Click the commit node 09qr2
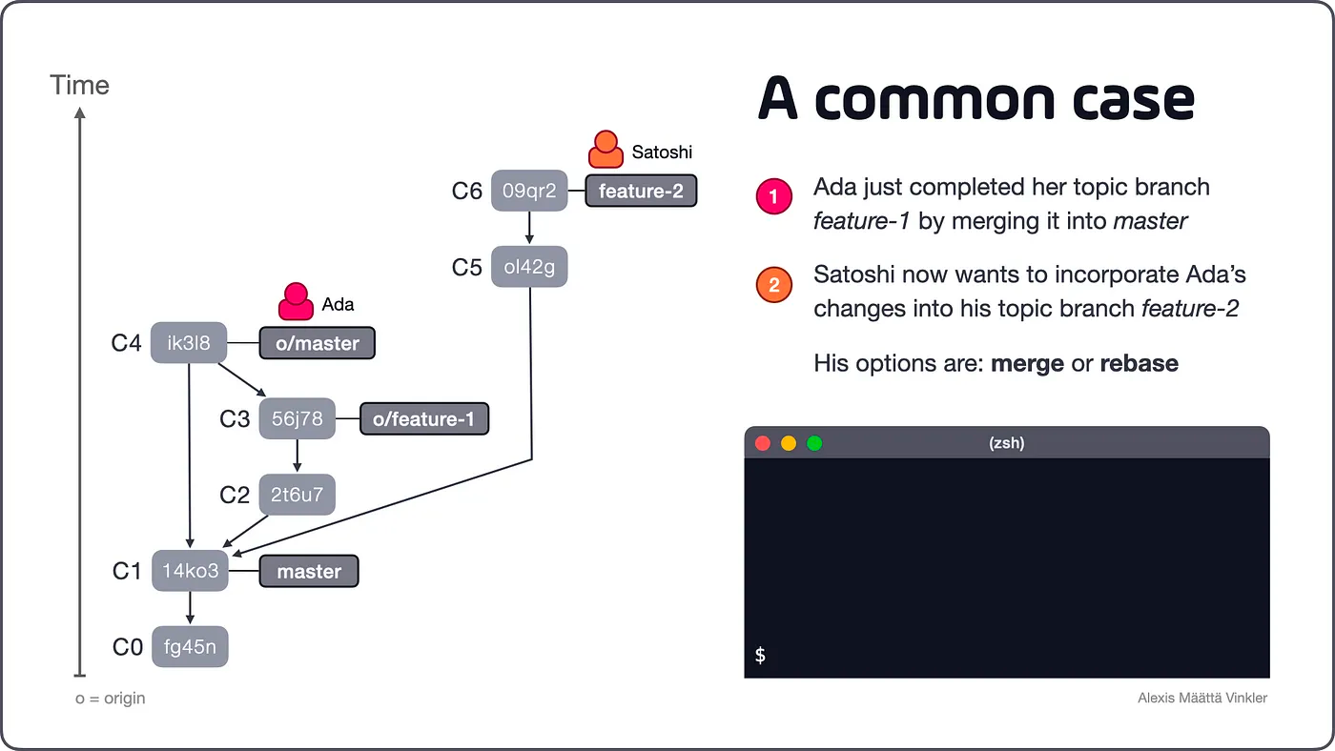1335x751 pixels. [x=528, y=191]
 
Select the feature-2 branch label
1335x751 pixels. [x=641, y=191]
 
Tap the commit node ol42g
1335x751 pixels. [x=528, y=267]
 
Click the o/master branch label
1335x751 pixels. [x=318, y=343]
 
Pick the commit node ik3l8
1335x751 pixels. [x=189, y=343]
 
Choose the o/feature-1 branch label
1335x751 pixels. [x=423, y=418]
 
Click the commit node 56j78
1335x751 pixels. [x=298, y=418]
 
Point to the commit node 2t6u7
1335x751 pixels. [x=298, y=495]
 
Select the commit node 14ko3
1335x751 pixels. [x=190, y=572]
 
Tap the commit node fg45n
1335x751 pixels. [x=190, y=648]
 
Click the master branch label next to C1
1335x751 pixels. [x=309, y=572]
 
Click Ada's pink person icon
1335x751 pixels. [x=296, y=300]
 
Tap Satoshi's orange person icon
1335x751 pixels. [x=606, y=149]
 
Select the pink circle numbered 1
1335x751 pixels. [x=773, y=197]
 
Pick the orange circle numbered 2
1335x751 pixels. [x=773, y=285]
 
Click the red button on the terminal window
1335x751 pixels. [x=763, y=443]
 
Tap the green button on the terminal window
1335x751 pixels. [x=814, y=443]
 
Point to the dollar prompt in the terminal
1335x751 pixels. [x=760, y=655]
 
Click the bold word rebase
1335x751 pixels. [x=1139, y=363]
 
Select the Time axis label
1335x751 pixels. [x=80, y=86]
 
